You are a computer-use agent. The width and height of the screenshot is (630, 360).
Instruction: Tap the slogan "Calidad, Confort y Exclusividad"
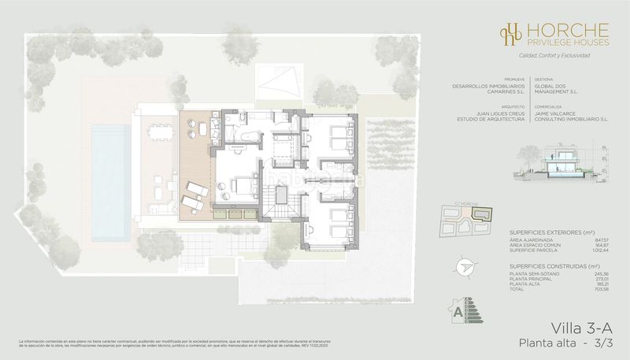[x=544, y=56]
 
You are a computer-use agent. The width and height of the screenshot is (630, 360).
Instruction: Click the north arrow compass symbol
[x=462, y=268]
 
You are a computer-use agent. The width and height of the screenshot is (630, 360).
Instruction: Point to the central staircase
[x=280, y=209]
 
